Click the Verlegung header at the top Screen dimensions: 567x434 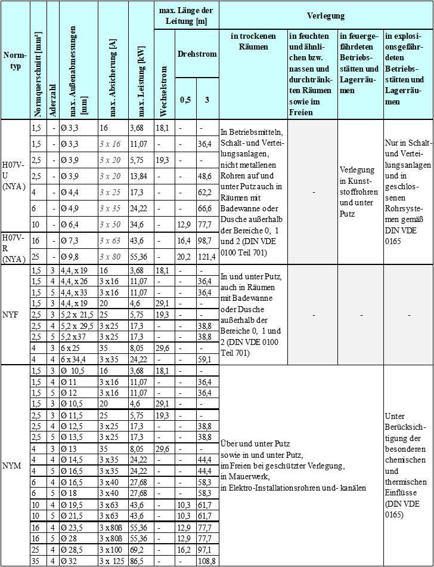[325, 16]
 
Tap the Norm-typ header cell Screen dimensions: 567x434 [14, 60]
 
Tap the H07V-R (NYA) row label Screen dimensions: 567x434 [14, 249]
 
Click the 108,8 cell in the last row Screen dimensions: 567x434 [207, 562]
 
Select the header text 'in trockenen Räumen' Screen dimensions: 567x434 [252, 41]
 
